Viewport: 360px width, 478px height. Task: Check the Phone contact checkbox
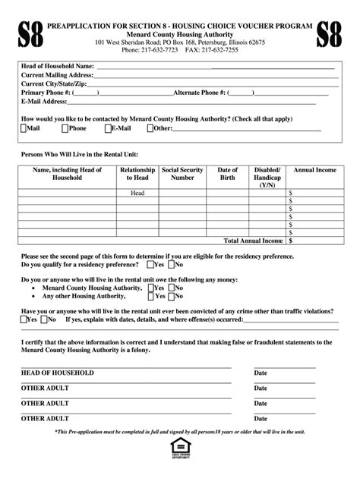[65, 129]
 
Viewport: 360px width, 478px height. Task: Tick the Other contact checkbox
[150, 129]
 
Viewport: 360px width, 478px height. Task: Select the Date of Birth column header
[228, 174]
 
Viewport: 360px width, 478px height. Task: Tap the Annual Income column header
[314, 170]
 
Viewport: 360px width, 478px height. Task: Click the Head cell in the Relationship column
[137, 193]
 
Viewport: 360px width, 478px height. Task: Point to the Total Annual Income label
[253, 240]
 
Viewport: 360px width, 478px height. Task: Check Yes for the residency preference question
[150, 265]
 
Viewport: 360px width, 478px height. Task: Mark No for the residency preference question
[172, 265]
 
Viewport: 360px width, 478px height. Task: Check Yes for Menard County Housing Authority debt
[150, 289]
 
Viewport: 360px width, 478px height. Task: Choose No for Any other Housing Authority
[172, 297]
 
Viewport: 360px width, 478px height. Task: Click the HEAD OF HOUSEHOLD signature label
[58, 373]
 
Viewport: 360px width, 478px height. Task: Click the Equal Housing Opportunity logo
[180, 449]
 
